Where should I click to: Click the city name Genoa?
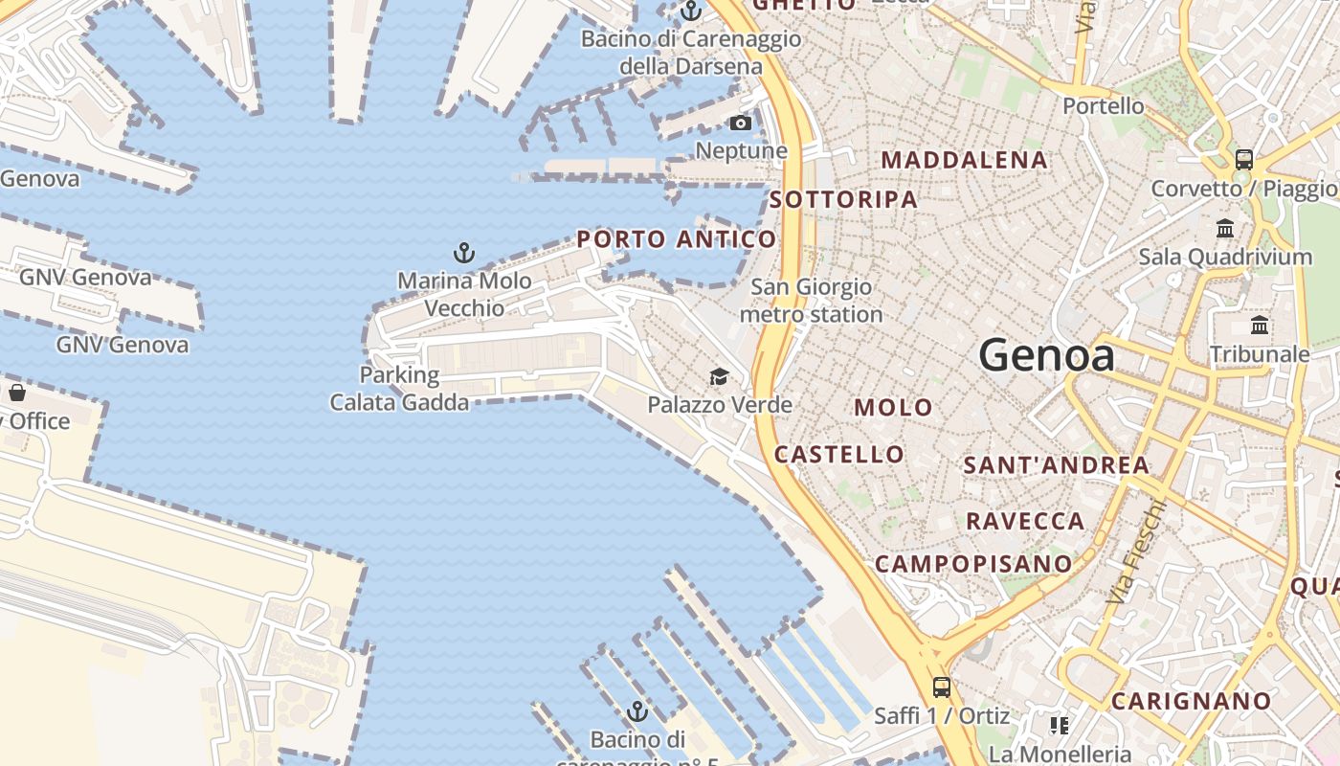(x=1046, y=356)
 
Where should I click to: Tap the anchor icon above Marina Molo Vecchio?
(x=464, y=253)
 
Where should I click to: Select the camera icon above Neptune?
(x=740, y=123)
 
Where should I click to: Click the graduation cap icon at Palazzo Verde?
(x=719, y=376)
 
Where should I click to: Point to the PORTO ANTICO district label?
(x=676, y=239)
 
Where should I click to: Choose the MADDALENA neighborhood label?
(x=964, y=160)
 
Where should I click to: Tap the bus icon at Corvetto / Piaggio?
(x=1243, y=160)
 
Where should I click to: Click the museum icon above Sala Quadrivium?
(x=1225, y=228)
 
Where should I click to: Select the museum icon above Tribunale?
(x=1260, y=326)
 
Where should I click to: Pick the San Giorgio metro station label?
(x=811, y=300)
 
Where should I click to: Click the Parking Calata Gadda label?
(x=399, y=388)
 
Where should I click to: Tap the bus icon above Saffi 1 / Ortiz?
(x=942, y=687)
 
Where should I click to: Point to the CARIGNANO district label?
(x=1191, y=701)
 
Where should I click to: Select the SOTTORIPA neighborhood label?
(x=843, y=199)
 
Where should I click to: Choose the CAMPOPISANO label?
(x=973, y=563)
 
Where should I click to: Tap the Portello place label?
(x=1104, y=105)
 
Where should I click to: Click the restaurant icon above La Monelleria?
(x=1060, y=725)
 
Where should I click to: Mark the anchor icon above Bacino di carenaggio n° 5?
(x=636, y=711)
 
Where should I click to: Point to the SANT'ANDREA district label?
(x=1056, y=465)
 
